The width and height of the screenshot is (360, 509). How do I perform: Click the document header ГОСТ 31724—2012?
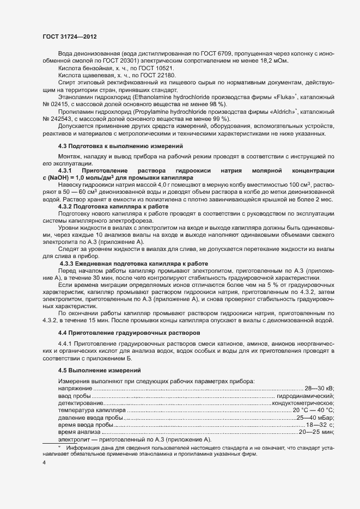pyautogui.click(x=70, y=36)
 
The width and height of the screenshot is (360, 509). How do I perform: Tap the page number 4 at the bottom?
pyautogui.click(x=44, y=462)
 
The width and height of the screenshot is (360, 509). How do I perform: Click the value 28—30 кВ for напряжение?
pyautogui.click(x=319, y=388)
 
